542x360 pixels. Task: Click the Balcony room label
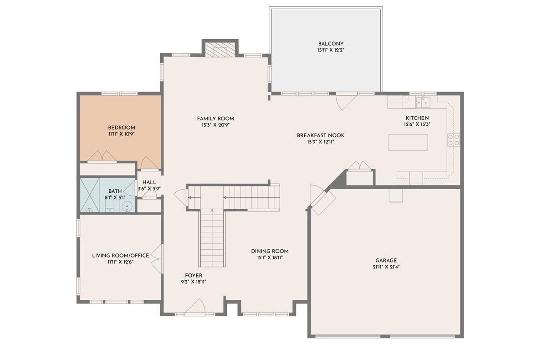tap(331, 44)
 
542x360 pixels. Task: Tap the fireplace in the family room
tap(220, 50)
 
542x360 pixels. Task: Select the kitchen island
tap(408, 143)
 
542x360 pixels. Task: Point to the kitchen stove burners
tap(453, 140)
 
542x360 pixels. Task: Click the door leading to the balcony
tap(344, 101)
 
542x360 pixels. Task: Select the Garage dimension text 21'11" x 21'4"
tap(386, 267)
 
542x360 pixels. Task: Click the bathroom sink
tap(128, 206)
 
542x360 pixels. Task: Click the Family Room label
tap(215, 118)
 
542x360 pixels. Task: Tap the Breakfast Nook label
tap(321, 135)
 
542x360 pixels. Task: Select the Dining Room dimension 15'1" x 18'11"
tap(270, 257)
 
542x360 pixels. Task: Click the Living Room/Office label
tap(120, 256)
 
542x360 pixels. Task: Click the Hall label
tap(149, 182)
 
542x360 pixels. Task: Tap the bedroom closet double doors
tap(102, 157)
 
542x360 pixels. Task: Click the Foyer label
tap(193, 275)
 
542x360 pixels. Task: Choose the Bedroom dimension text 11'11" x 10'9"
tap(121, 134)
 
